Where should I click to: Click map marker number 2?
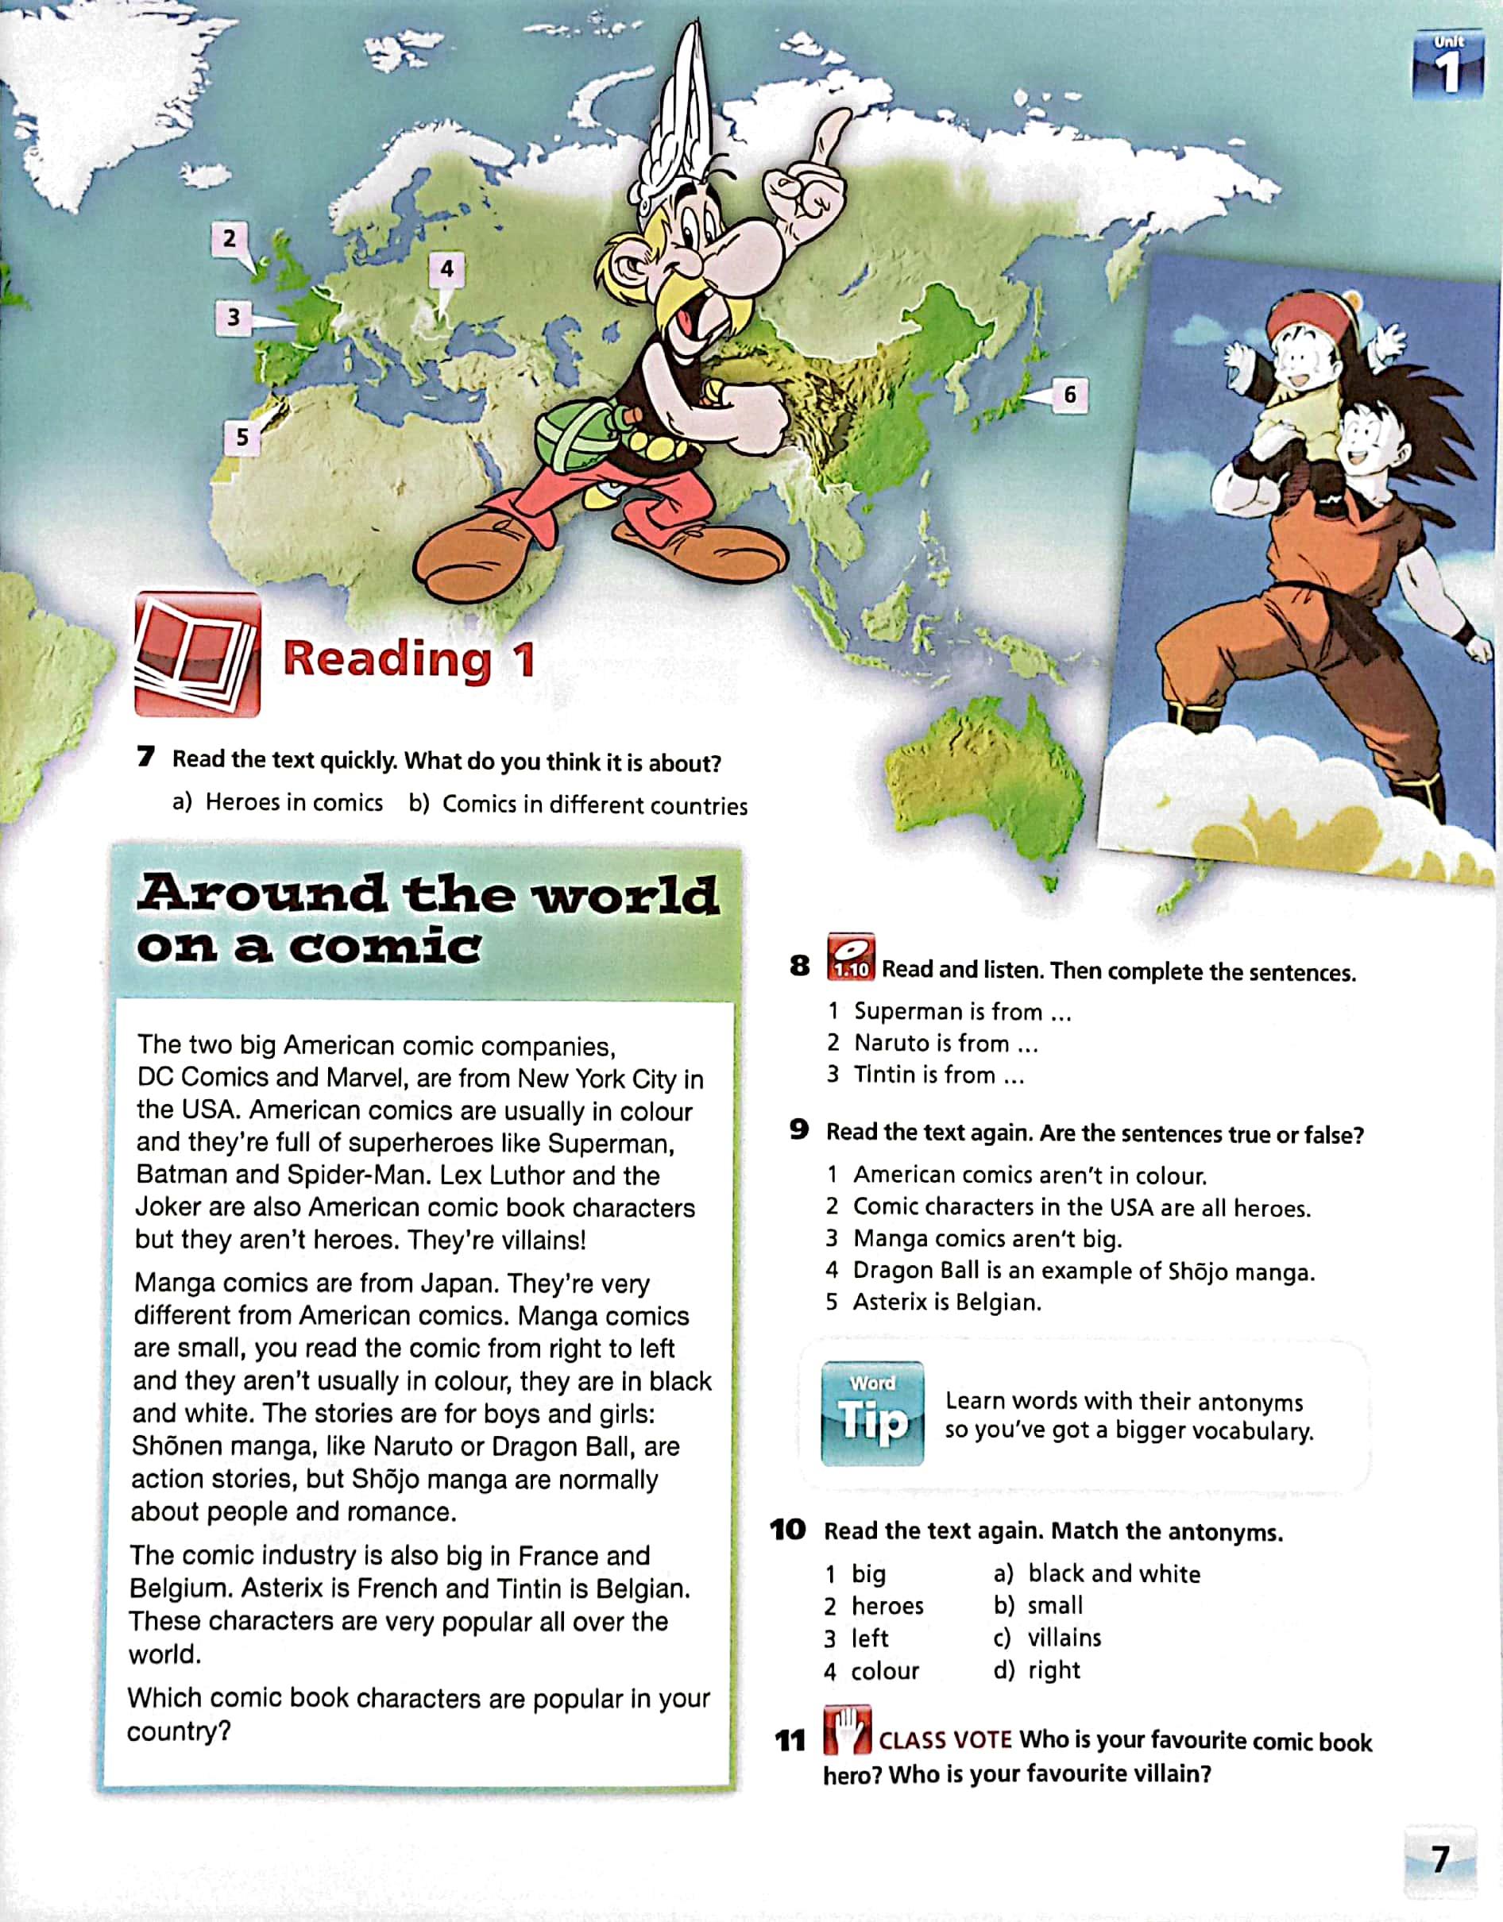click(230, 238)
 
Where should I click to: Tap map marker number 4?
click(446, 268)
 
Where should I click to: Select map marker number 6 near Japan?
click(1069, 393)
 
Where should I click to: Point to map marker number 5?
click(241, 437)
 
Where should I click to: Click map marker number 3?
click(234, 317)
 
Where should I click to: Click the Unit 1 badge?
click(1448, 64)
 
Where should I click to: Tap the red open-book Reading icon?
click(197, 654)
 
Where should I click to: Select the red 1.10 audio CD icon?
click(851, 958)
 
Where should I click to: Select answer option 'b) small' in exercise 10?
click(1038, 1605)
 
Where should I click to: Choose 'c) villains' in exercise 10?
click(1047, 1638)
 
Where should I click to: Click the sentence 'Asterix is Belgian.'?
click(947, 1302)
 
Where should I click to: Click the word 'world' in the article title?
click(627, 895)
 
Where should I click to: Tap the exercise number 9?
click(798, 1130)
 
